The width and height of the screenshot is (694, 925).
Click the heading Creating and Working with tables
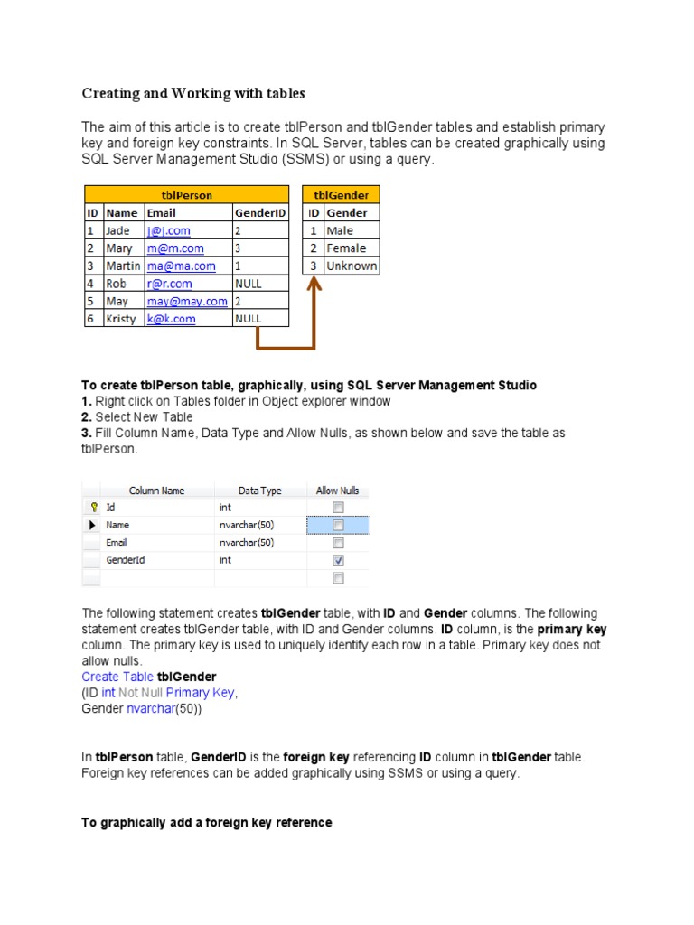(x=193, y=93)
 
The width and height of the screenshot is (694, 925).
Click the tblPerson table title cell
(x=186, y=195)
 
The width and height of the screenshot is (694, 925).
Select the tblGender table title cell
(x=341, y=195)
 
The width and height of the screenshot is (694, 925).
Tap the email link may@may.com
(x=187, y=301)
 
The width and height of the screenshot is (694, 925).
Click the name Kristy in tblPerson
(x=122, y=319)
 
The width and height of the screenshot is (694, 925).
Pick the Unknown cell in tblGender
(x=352, y=266)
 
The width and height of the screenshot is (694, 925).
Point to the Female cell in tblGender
(x=346, y=248)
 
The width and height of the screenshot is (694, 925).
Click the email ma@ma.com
(x=182, y=266)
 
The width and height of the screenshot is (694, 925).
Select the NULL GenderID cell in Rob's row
(x=248, y=284)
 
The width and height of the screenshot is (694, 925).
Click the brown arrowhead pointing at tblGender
(x=314, y=284)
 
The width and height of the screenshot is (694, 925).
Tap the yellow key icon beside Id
(x=93, y=508)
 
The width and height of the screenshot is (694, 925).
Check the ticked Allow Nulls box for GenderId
(x=338, y=560)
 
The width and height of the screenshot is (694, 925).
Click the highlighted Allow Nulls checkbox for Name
(x=338, y=525)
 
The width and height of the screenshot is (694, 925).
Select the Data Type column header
(x=259, y=491)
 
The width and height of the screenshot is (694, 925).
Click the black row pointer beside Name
(x=92, y=525)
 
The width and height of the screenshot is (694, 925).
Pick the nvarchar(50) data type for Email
(x=246, y=543)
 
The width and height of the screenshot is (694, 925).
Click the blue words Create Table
(x=117, y=677)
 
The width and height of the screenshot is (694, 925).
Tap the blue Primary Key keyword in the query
(x=200, y=693)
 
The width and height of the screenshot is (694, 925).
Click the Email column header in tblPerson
(x=162, y=213)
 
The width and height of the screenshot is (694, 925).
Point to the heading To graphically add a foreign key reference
(x=207, y=823)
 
